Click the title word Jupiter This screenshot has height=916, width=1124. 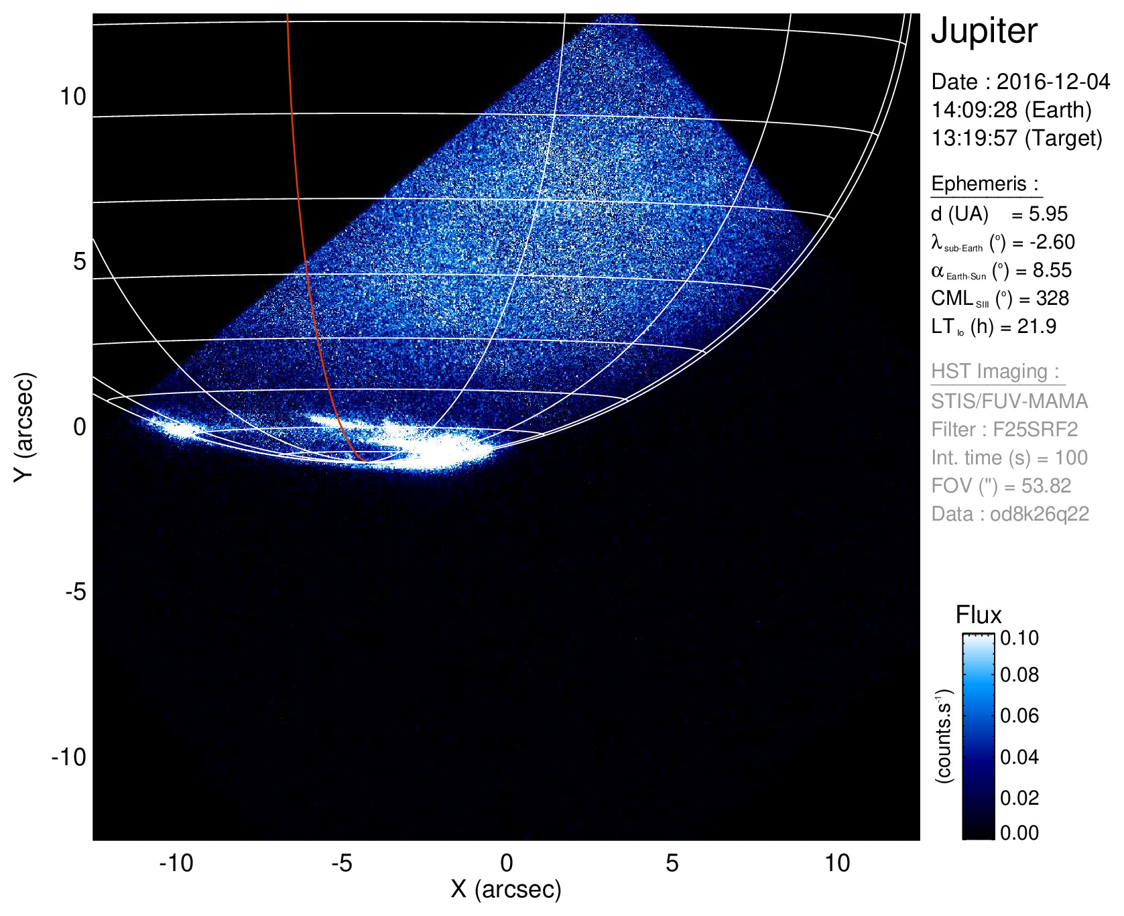(984, 31)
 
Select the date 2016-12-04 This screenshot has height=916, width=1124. (1053, 82)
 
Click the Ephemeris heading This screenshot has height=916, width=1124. (985, 184)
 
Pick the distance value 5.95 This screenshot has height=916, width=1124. (1048, 214)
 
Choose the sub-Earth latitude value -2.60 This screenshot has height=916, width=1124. (1052, 242)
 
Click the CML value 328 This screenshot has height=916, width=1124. (1052, 298)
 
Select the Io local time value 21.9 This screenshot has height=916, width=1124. (1036, 326)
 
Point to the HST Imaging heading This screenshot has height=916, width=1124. (995, 371)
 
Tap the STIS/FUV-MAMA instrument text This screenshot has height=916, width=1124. (1009, 401)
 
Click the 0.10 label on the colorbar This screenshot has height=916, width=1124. (1019, 638)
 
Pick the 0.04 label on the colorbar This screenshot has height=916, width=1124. (1019, 757)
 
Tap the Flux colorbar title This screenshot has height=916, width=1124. (979, 615)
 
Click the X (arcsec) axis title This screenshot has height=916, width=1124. (506, 889)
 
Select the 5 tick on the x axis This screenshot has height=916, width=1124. (672, 863)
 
